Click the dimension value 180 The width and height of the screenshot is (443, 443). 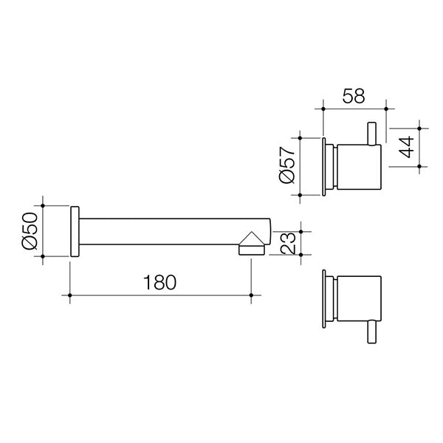click(160, 283)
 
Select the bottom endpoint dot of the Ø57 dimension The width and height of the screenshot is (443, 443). click(301, 195)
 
